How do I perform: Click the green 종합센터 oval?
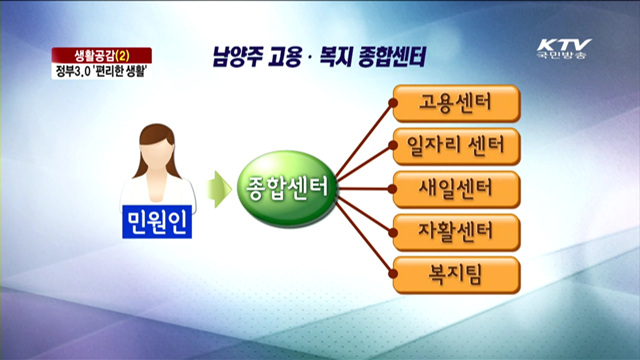(x=285, y=187)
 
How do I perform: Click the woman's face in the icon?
(x=157, y=144)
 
